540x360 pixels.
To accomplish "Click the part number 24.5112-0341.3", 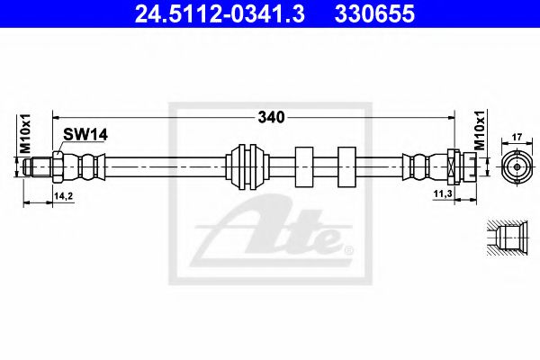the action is pyautogui.click(x=220, y=14).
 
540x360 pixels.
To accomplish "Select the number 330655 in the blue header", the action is pyautogui.click(x=374, y=14).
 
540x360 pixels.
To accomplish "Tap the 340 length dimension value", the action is pyautogui.click(x=272, y=118).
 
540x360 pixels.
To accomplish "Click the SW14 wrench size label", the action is pyautogui.click(x=85, y=135).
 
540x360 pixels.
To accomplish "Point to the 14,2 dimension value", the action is pyautogui.click(x=64, y=196).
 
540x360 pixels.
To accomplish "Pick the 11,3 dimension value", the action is pyautogui.click(x=443, y=194).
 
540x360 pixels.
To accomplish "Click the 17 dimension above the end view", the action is pyautogui.click(x=517, y=137).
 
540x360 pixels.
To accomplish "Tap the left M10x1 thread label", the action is pyautogui.click(x=25, y=134).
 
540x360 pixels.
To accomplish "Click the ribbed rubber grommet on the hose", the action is pyautogui.click(x=247, y=166).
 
